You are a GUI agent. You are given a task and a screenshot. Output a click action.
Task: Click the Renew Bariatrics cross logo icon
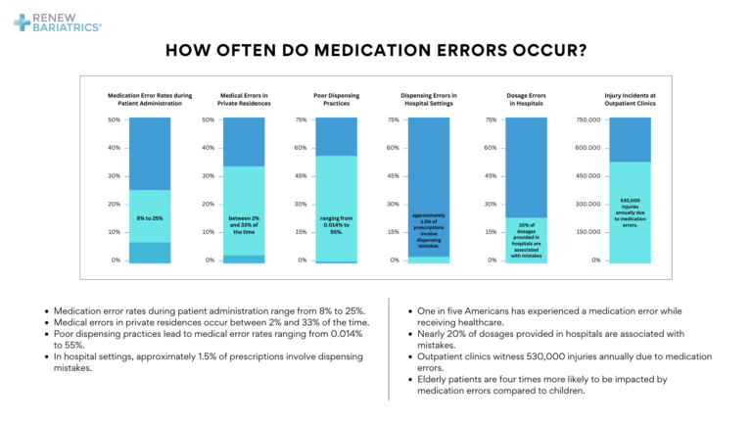click(22, 22)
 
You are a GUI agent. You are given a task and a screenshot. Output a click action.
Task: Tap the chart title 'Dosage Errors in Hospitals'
click(526, 99)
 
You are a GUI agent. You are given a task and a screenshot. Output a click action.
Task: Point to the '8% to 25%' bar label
click(150, 218)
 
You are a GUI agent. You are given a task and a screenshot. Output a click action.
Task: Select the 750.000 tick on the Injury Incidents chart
click(587, 120)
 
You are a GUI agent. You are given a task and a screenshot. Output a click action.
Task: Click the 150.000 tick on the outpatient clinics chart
click(587, 232)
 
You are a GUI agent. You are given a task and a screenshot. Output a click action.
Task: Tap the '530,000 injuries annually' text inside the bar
click(630, 211)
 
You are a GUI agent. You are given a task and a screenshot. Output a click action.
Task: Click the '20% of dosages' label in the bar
click(526, 239)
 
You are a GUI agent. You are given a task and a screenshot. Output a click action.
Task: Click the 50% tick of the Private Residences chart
click(208, 120)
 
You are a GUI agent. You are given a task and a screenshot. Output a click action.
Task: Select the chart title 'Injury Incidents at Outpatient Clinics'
click(630, 99)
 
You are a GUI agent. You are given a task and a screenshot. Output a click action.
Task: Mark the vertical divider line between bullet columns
click(390, 348)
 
